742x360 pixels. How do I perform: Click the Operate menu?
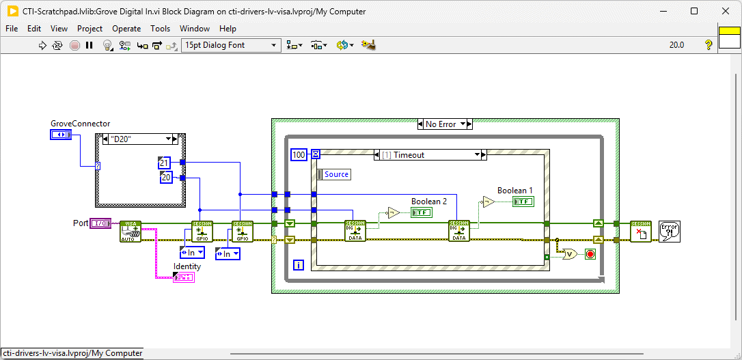tap(126, 29)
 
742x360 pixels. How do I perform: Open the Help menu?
tap(228, 29)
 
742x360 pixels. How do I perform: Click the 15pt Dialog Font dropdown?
tap(231, 45)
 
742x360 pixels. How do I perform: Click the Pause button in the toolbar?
tap(89, 45)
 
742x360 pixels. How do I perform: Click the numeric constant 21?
tap(164, 163)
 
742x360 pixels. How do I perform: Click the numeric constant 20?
tap(166, 178)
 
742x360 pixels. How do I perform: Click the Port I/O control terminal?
tap(100, 223)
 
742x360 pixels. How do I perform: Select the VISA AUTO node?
tap(130, 232)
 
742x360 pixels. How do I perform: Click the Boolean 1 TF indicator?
tap(523, 202)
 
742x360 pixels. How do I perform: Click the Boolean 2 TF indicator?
tap(421, 212)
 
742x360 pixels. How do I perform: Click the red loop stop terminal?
tap(590, 254)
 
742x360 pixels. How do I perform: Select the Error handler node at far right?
tap(669, 231)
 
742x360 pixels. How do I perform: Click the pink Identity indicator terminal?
tap(183, 277)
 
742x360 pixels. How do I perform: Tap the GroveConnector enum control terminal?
tap(60, 135)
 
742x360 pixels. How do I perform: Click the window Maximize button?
tap(694, 11)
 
